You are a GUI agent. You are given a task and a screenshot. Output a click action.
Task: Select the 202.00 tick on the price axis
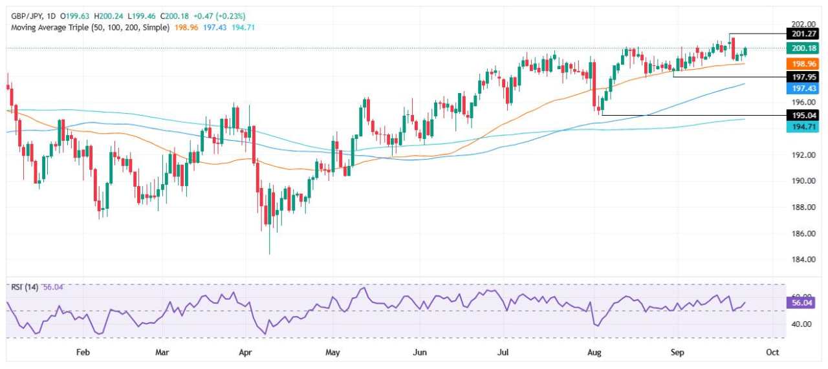pyautogui.click(x=799, y=23)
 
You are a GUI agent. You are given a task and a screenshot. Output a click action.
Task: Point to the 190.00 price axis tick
pyautogui.click(x=799, y=181)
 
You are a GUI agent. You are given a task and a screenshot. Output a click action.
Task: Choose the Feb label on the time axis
pyautogui.click(x=82, y=352)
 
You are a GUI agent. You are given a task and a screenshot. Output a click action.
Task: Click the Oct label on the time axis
pyautogui.click(x=772, y=352)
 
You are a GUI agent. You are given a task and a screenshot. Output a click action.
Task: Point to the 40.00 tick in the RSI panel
pyautogui.click(x=799, y=324)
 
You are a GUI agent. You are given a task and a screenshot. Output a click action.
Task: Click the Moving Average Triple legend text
pyautogui.click(x=91, y=28)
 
